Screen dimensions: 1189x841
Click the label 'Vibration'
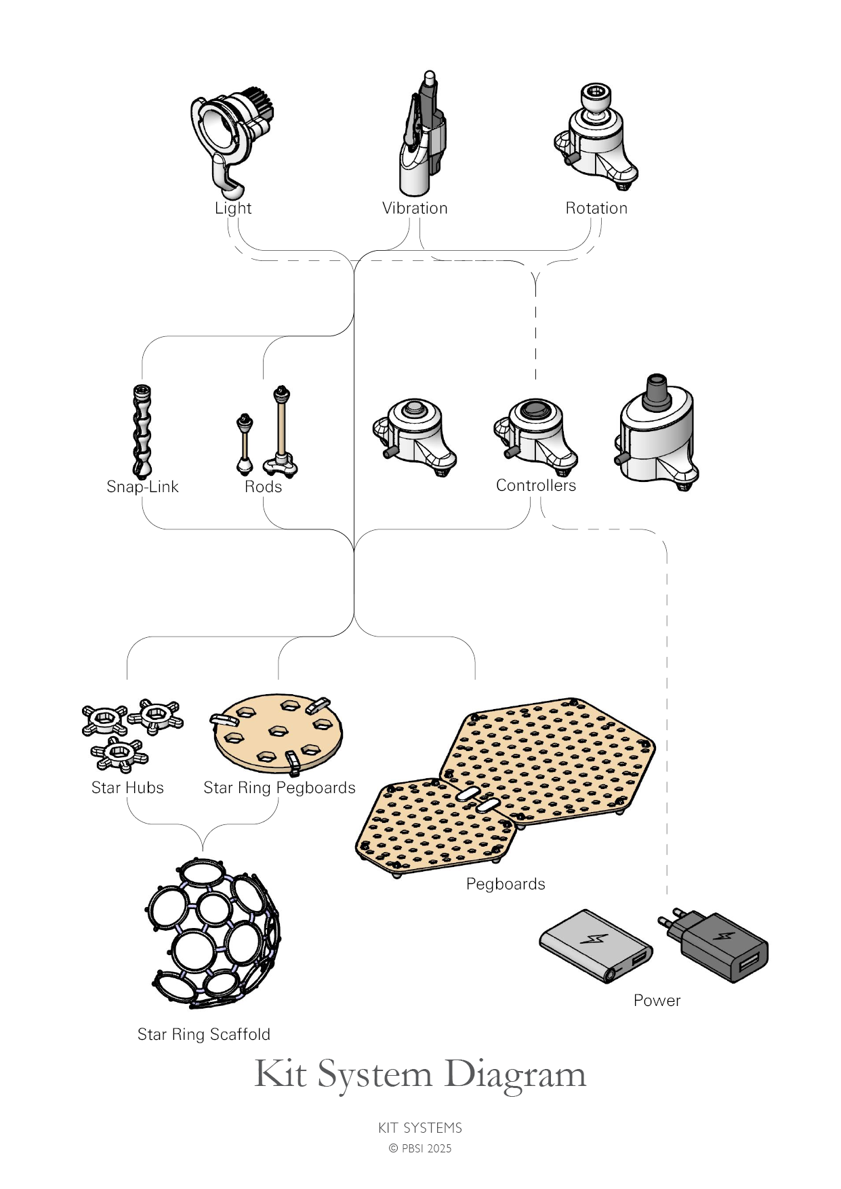pos(415,208)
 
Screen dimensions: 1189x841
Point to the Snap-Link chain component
pos(142,430)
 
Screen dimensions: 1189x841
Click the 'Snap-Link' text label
pos(142,487)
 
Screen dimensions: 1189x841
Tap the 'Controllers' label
pos(535,485)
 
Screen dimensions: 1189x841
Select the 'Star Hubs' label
pos(127,788)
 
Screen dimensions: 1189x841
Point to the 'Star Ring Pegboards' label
pos(279,788)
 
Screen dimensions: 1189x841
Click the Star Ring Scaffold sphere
pos(213,935)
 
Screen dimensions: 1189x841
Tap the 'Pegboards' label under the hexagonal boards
pos(506,884)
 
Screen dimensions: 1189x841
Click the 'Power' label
pos(657,1001)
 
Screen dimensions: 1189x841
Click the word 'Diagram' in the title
pos(516,1074)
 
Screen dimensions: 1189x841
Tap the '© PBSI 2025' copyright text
pos(420,1148)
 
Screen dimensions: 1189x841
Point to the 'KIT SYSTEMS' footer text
pos(420,1128)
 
